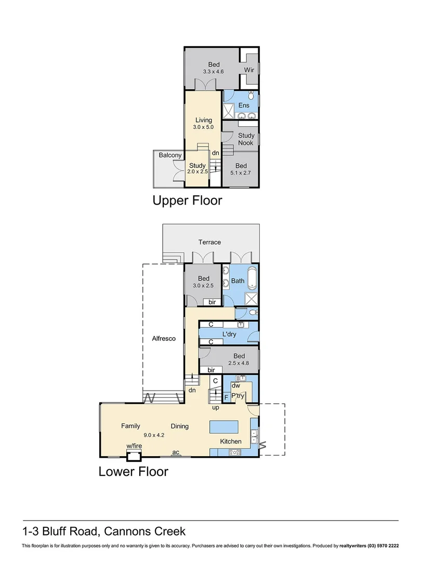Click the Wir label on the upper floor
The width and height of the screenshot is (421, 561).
(249, 69)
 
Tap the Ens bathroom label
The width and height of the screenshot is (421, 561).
(244, 105)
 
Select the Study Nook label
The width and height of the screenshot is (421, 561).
(246, 139)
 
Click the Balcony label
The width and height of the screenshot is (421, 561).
(170, 155)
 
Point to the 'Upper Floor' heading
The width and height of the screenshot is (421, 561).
(187, 200)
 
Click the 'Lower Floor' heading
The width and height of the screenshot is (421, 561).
(134, 472)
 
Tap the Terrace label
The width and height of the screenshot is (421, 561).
(209, 242)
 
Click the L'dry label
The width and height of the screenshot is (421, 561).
(229, 334)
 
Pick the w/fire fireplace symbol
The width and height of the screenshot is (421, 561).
(134, 456)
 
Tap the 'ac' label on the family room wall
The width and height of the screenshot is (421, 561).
(176, 452)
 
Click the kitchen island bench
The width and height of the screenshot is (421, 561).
(224, 427)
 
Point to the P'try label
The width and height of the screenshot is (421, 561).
(238, 396)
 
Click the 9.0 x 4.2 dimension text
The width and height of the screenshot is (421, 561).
(154, 435)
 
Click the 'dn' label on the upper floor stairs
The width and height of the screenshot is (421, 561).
(215, 153)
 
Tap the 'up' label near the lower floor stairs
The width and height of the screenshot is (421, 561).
(215, 407)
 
